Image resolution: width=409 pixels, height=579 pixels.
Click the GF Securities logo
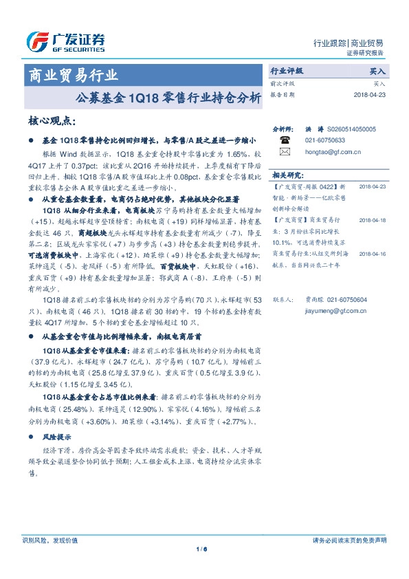pos(65,42)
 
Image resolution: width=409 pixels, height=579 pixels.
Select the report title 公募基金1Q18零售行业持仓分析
pos(176,98)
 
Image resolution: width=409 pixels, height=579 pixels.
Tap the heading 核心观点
pos(52,121)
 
